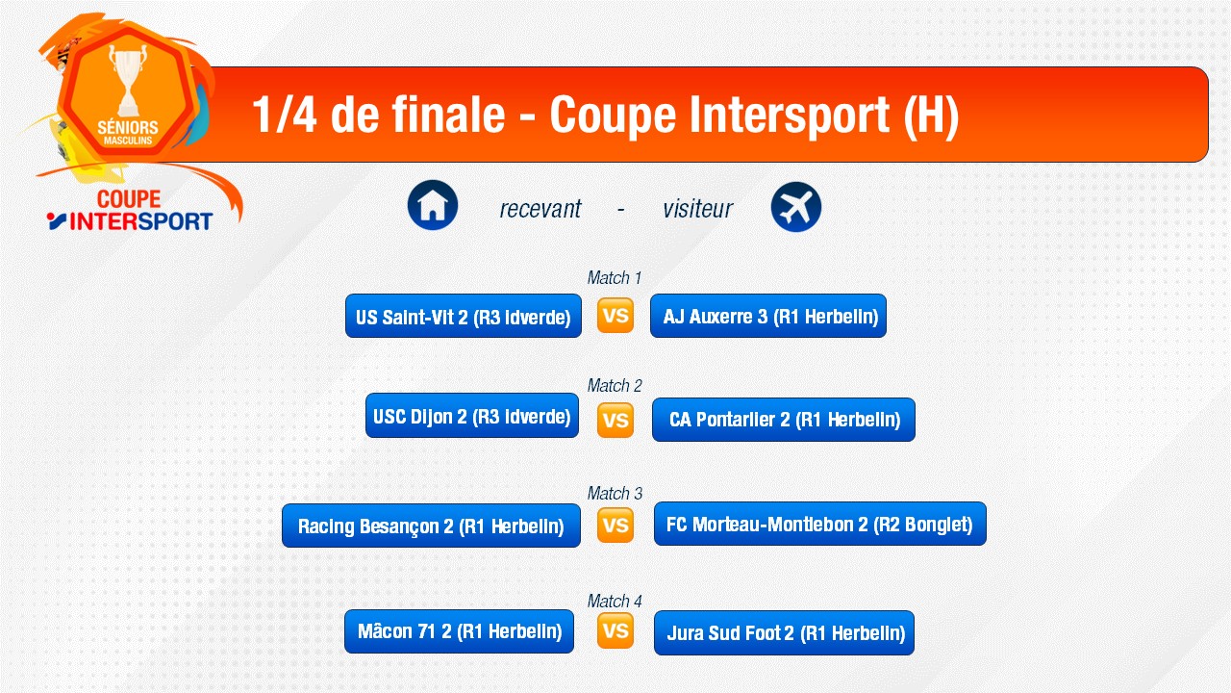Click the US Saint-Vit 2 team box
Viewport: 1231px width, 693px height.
pyautogui.click(x=464, y=316)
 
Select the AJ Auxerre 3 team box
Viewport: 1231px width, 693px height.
pyautogui.click(x=768, y=316)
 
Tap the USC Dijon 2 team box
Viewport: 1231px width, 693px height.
pyautogui.click(x=472, y=415)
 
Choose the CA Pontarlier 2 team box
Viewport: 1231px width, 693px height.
pyautogui.click(x=784, y=419)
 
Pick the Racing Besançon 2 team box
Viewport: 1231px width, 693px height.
pyautogui.click(x=432, y=526)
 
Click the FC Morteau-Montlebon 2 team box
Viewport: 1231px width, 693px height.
pyautogui.click(x=820, y=524)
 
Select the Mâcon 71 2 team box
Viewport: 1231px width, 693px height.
pyautogui.click(x=460, y=630)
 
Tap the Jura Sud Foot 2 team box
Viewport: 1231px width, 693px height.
pyautogui.click(x=784, y=632)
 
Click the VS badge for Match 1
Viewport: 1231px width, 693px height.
pyautogui.click(x=615, y=316)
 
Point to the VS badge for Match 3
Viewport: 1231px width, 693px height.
pyautogui.click(x=615, y=525)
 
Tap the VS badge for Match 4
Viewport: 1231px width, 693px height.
pyautogui.click(x=615, y=630)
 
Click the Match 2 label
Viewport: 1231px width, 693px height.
pyautogui.click(x=615, y=386)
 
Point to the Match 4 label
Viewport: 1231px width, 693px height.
pyautogui.click(x=615, y=602)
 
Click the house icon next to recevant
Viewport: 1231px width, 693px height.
pyautogui.click(x=433, y=205)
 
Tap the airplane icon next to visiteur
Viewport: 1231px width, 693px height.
pyautogui.click(x=795, y=207)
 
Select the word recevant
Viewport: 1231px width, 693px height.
pyautogui.click(x=540, y=209)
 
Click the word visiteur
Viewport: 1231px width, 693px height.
pyautogui.click(x=698, y=209)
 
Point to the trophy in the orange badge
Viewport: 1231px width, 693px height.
pyautogui.click(x=128, y=80)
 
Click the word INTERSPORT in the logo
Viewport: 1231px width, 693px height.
pyautogui.click(x=141, y=221)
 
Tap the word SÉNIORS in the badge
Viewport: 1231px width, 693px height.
pyautogui.click(x=128, y=128)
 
